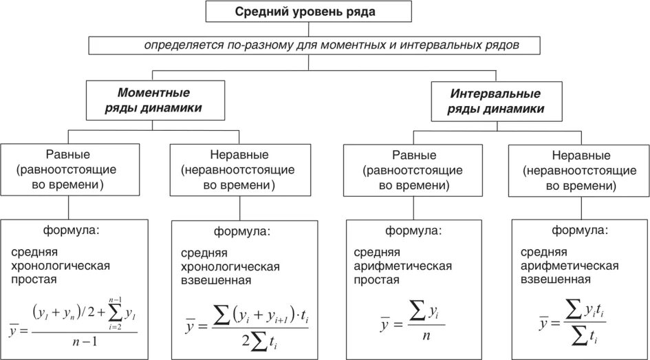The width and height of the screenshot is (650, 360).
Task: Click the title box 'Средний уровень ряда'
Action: [x=309, y=12]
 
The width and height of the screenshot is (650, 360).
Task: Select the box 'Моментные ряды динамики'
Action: [x=154, y=100]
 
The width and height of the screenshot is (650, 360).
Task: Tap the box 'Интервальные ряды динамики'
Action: [x=495, y=100]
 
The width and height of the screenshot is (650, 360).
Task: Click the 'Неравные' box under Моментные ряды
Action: [x=237, y=169]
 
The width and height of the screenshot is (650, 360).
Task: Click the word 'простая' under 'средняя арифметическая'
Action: [x=378, y=280]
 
